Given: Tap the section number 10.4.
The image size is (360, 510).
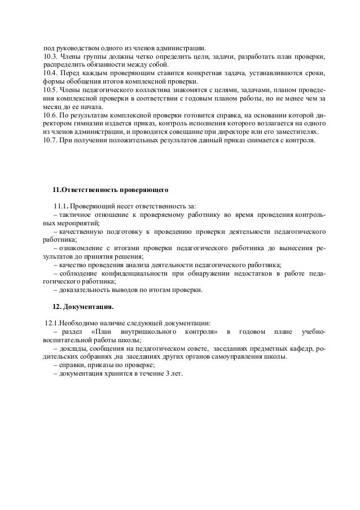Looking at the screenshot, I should tap(50, 73).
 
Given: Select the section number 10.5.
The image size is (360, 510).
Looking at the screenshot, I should tap(50, 90).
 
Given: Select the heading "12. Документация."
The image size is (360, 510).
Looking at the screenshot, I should tap(82, 307).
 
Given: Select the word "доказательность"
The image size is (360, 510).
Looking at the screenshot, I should tap(83, 290).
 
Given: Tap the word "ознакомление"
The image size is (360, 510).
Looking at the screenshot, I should tap(80, 249).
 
